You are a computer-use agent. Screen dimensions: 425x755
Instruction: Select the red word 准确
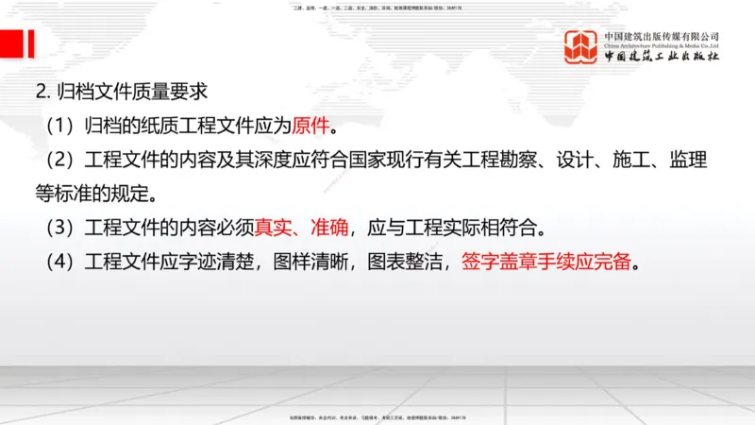pos(328,228)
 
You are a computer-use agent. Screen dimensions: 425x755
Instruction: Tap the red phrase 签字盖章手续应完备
pos(545,262)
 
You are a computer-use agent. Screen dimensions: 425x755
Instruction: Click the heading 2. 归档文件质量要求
pos(121,93)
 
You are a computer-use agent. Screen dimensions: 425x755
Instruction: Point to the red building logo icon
pos(581,46)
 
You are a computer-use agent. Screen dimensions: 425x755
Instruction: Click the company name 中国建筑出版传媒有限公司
pos(662,37)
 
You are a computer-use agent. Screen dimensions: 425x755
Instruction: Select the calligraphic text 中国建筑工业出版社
pos(662,57)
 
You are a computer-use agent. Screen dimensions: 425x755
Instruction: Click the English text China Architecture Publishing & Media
pos(662,45)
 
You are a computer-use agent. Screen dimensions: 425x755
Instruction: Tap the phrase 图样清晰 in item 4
pos(310,262)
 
